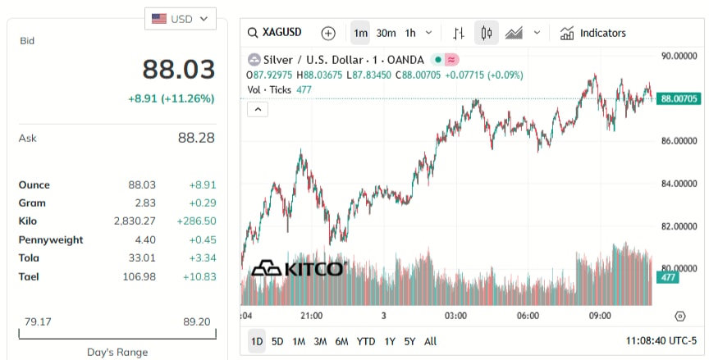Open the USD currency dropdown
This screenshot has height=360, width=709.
click(x=181, y=18)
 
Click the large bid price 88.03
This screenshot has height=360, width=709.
click(x=178, y=69)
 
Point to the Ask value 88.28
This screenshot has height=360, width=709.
click(x=196, y=138)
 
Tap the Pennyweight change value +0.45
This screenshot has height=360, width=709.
click(x=199, y=239)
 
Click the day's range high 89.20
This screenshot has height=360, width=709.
click(x=197, y=321)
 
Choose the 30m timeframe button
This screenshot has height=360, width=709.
click(x=386, y=33)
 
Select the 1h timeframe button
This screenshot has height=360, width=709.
click(x=410, y=33)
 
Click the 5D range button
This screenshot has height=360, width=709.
click(x=277, y=341)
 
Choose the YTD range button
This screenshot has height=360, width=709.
click(x=366, y=341)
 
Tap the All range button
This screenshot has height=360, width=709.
click(x=430, y=341)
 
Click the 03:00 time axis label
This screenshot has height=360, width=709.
click(x=455, y=316)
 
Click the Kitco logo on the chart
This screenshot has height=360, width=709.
click(x=297, y=269)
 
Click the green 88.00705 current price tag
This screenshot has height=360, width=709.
click(x=679, y=98)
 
